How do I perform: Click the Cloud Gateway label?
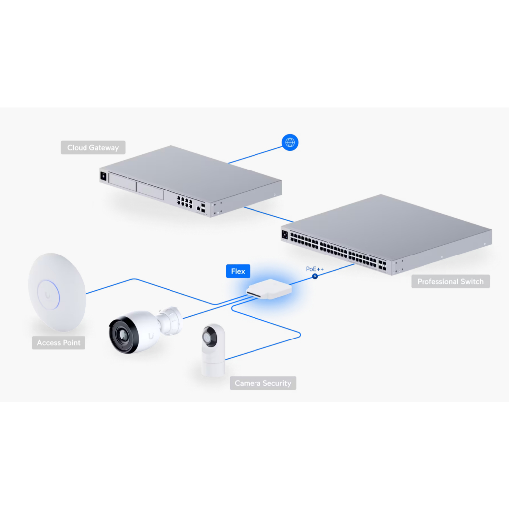point(93,148)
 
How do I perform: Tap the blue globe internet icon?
point(290,143)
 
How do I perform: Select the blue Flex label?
point(238,271)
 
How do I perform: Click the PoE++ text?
point(315,269)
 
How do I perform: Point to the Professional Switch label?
point(450,282)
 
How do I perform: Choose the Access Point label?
point(59,343)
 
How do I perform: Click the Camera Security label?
point(262,383)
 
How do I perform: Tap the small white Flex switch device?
point(267,289)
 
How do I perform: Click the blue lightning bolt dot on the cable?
point(315,276)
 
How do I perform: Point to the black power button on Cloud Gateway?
point(103,175)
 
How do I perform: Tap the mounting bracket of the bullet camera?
point(170,320)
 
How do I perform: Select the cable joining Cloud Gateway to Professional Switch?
point(268,214)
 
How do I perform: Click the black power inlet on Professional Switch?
point(285,235)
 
